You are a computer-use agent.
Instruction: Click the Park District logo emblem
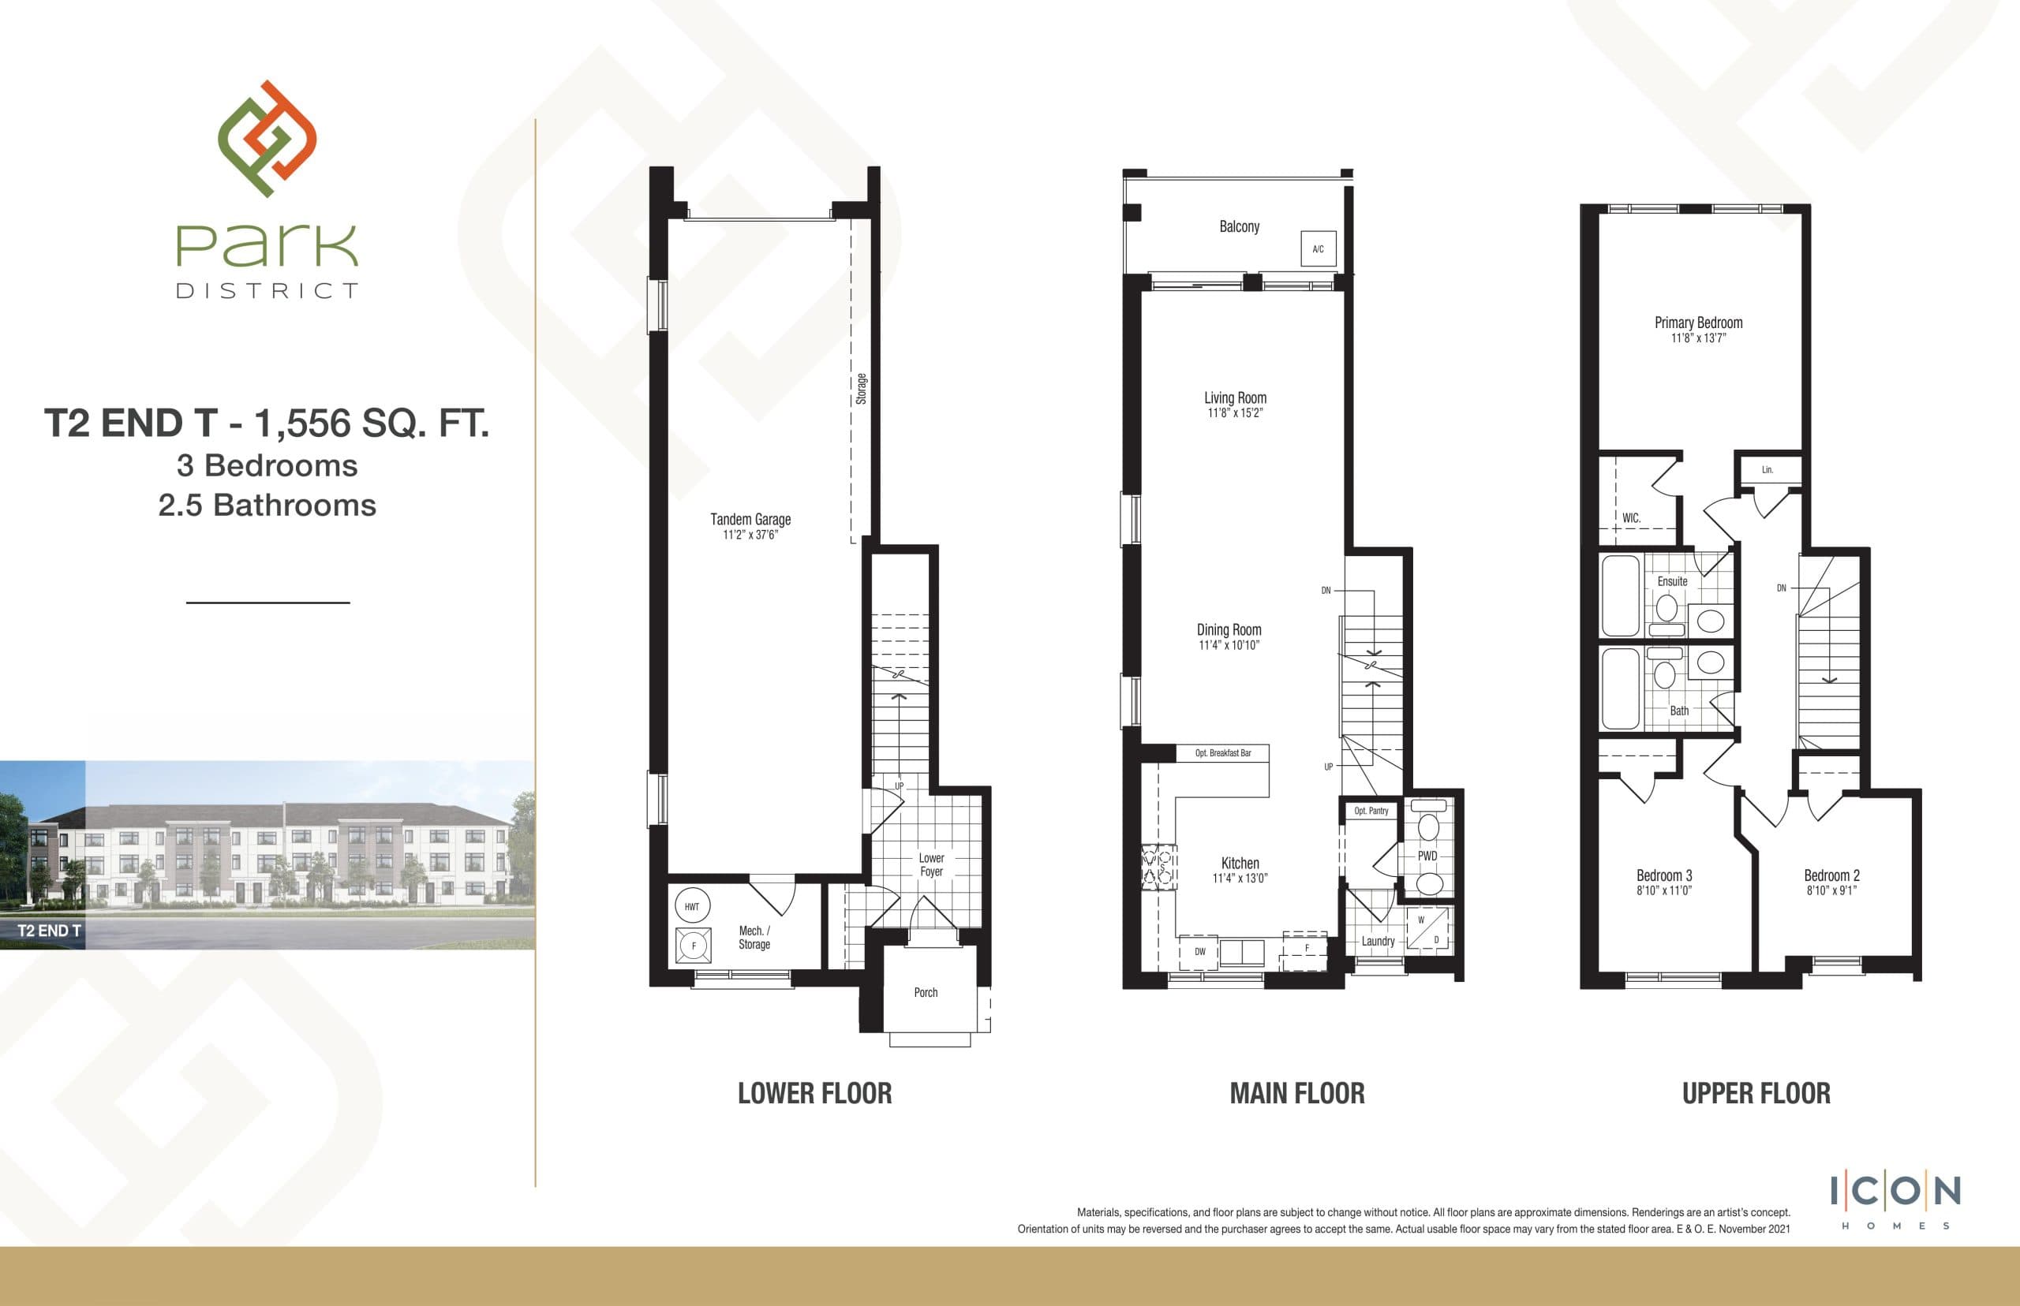tap(267, 139)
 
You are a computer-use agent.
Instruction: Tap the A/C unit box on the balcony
tap(1318, 248)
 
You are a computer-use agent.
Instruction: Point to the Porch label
tap(926, 992)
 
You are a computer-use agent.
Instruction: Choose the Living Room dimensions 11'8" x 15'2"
tap(1234, 413)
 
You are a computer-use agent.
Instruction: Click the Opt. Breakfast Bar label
tap(1222, 753)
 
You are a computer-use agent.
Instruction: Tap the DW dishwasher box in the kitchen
tap(1199, 952)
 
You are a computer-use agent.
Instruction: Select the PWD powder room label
tap(1428, 856)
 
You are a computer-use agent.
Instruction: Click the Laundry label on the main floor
tap(1378, 941)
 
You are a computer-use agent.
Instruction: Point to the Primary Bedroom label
tap(1699, 323)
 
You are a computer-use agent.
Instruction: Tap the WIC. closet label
tap(1630, 517)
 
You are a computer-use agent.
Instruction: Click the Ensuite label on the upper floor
tap(1672, 581)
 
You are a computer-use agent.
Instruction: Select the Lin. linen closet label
tap(1767, 470)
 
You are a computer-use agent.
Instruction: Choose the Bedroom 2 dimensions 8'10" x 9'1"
tap(1831, 890)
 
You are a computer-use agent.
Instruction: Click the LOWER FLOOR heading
tap(814, 1093)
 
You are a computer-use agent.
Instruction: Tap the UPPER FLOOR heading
tap(1756, 1093)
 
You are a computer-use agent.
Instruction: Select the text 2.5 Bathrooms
tap(267, 506)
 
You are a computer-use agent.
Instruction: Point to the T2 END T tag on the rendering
tap(49, 931)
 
